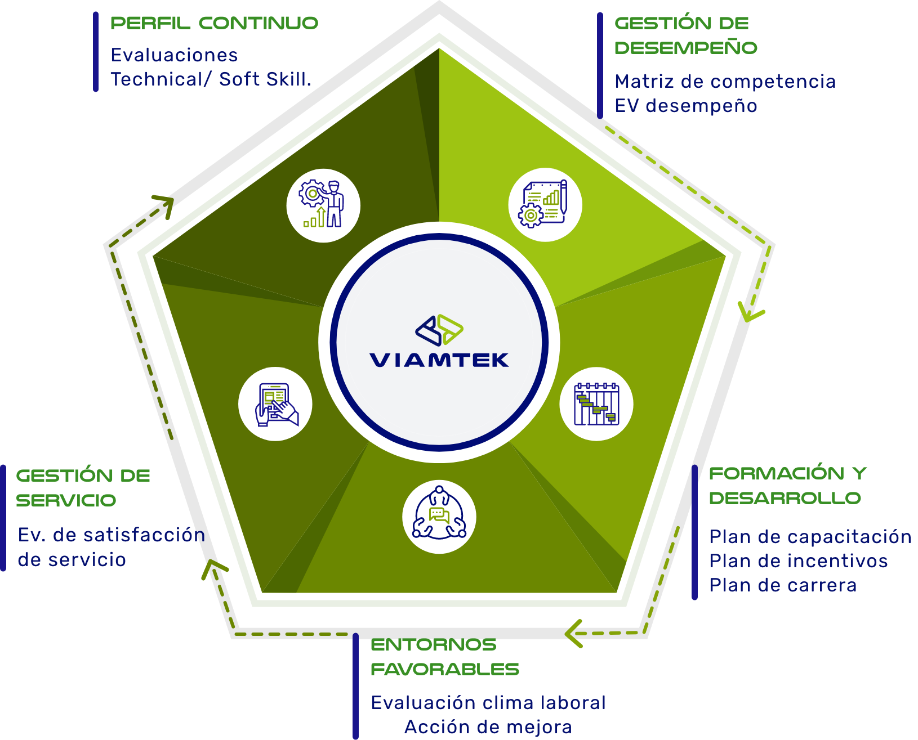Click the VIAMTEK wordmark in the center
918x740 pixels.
click(x=439, y=360)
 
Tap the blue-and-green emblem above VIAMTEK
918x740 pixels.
click(x=439, y=330)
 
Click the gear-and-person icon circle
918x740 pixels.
click(x=323, y=205)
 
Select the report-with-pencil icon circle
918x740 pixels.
click(x=545, y=205)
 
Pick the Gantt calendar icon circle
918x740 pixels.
click(x=596, y=404)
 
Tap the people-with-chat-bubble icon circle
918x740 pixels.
click(x=439, y=517)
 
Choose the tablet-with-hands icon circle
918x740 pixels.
click(x=275, y=404)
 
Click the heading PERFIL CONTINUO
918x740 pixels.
click(x=214, y=23)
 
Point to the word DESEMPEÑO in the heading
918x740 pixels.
click(x=685, y=48)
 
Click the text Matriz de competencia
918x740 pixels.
click(x=725, y=82)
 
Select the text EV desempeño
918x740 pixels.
click(x=685, y=106)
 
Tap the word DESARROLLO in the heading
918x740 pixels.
click(x=785, y=498)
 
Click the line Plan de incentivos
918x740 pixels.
click(x=798, y=561)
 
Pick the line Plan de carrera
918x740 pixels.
click(x=782, y=585)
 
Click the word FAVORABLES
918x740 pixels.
click(x=445, y=669)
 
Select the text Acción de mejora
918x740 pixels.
click(x=488, y=727)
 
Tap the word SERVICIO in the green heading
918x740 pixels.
click(x=66, y=500)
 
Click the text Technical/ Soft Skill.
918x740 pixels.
click(x=211, y=79)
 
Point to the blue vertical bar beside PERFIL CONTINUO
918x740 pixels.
click(x=96, y=52)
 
